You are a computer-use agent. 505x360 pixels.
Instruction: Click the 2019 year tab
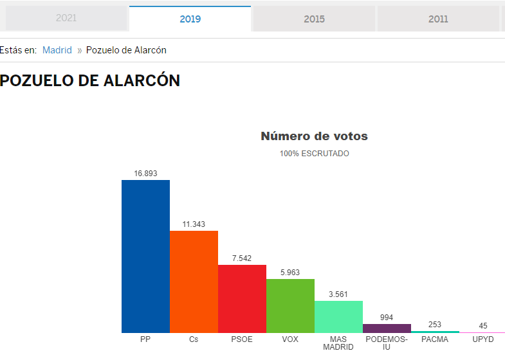click(190, 19)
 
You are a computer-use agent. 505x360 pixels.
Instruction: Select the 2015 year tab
click(314, 19)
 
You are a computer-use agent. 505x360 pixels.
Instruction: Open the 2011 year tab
click(438, 19)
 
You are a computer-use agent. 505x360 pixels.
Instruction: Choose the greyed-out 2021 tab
click(66, 18)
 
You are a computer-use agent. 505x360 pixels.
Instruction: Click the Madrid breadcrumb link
click(57, 50)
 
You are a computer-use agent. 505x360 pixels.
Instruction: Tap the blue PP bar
click(145, 256)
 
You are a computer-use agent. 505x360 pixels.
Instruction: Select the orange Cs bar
click(194, 282)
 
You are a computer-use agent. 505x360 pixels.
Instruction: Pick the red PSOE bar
click(242, 299)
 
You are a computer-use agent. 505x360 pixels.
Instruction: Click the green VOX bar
click(291, 306)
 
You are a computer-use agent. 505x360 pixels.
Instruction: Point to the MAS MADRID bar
click(339, 317)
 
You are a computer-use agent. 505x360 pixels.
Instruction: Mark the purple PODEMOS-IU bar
click(387, 328)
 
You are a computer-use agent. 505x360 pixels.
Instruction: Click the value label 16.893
click(145, 174)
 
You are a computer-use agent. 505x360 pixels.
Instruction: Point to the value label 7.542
click(242, 258)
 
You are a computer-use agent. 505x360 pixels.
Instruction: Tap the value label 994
click(387, 318)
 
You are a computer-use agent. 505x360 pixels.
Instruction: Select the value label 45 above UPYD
click(483, 326)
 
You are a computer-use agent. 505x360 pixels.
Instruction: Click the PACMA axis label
click(435, 339)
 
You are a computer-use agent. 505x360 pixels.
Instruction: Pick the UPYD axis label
click(483, 339)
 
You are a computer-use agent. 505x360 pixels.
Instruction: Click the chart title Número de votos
click(315, 136)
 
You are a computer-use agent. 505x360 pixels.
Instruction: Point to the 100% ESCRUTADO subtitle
click(315, 154)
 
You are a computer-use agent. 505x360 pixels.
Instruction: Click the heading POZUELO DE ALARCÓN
click(90, 80)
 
